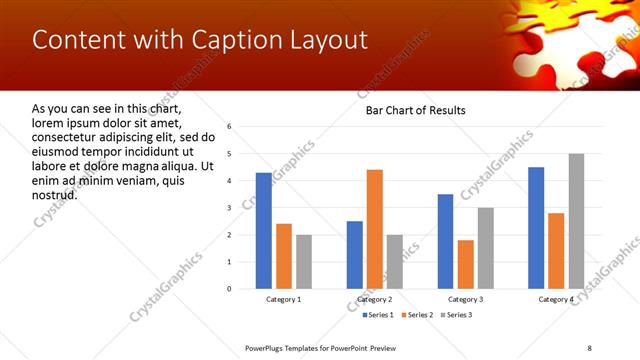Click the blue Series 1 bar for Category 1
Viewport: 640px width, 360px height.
[264, 231]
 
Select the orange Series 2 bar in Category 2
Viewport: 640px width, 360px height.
[375, 229]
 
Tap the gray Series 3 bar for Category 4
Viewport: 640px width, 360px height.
[576, 221]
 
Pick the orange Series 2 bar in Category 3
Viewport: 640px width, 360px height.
[466, 264]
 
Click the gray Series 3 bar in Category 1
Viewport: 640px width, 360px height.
[304, 262]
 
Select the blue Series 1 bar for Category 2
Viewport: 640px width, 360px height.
[355, 255]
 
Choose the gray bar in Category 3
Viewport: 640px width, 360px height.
[486, 248]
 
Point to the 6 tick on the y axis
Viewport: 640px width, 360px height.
[230, 127]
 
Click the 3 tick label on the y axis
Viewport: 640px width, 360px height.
[230, 208]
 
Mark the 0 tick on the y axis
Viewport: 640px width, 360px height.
[230, 289]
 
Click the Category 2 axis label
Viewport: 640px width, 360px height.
[374, 300]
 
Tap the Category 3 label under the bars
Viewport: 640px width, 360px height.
[465, 300]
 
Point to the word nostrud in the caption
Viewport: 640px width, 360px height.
[55, 193]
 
